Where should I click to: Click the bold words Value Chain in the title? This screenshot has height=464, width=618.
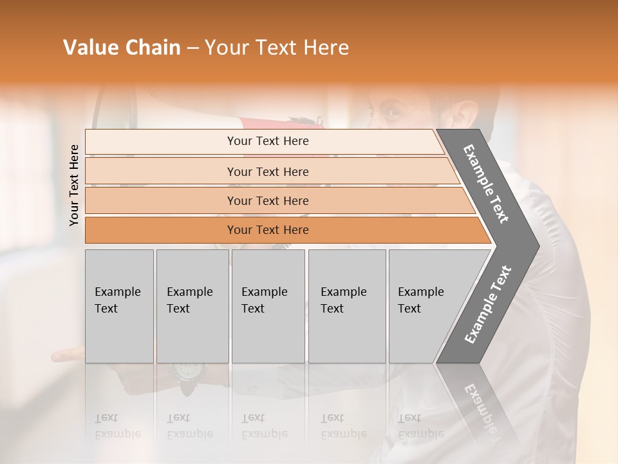122,48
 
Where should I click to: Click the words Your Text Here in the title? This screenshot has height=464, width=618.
277,48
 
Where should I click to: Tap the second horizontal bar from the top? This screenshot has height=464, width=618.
267,171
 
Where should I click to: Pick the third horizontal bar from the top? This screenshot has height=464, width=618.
267,200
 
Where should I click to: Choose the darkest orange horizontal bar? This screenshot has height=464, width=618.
267,230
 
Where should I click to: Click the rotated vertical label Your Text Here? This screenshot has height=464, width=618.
74,185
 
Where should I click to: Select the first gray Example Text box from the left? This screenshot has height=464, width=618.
119,306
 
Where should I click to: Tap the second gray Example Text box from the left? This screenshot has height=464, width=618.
192,306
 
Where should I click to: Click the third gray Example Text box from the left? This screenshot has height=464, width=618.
268,306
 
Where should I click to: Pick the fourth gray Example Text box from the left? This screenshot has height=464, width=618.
346,306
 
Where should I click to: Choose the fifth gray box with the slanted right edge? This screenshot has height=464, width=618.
425,306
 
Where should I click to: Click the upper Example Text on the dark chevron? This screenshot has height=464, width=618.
486,184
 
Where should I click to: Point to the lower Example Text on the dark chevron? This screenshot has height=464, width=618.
488,304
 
